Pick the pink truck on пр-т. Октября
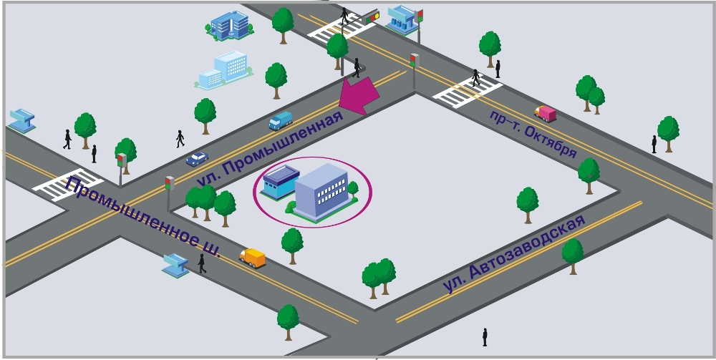point(546,112)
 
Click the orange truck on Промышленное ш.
point(253,258)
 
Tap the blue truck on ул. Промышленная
point(280,120)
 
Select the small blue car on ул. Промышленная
point(197,158)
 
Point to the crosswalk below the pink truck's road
point(468,89)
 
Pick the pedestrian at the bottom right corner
point(485,336)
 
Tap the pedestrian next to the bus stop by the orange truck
point(202,263)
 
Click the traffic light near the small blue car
point(170,185)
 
